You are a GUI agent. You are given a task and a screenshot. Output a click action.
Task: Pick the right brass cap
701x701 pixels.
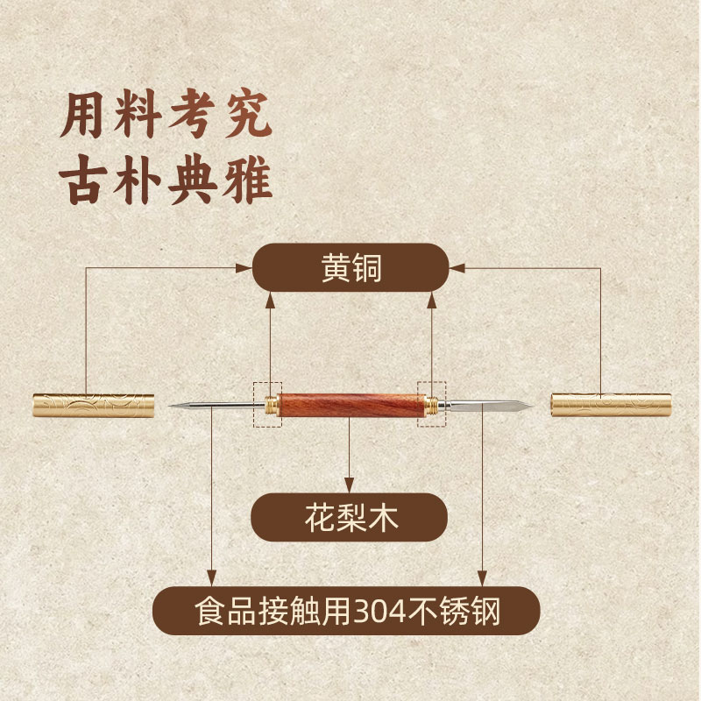[x=610, y=405]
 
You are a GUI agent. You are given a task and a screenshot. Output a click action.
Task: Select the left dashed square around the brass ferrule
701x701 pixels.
[x=267, y=404]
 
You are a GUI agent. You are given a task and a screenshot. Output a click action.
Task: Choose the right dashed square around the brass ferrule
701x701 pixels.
[x=432, y=404]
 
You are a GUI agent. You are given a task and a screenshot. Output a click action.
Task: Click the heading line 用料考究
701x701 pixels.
[x=166, y=117]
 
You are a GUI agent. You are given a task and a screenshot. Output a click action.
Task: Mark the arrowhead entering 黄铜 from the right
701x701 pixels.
[x=455, y=268]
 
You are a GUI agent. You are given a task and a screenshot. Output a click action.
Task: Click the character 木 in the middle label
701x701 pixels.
[x=384, y=517]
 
